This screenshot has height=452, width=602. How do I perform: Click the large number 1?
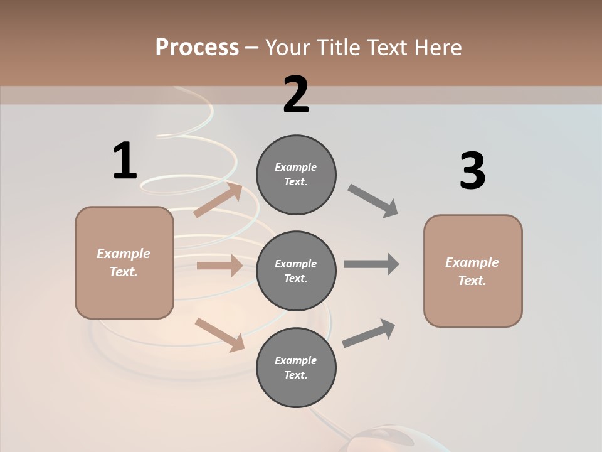point(124,161)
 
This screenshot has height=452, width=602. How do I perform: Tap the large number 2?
point(296,95)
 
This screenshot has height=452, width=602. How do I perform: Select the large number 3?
point(472,171)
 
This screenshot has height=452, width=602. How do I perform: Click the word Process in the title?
point(197,47)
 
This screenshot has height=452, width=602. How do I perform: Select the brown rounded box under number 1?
point(124,262)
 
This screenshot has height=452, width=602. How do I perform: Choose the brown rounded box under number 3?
point(473,271)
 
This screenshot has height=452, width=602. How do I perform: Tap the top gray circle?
point(296,175)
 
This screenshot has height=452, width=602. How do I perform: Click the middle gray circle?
point(296,271)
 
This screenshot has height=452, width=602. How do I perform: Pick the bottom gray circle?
point(296,368)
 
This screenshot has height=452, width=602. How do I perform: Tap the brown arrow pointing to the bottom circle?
point(219,334)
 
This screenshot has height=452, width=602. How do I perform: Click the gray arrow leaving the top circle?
point(373,200)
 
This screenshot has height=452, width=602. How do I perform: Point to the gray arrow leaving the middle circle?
point(371,264)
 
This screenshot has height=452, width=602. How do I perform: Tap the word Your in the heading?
point(288,47)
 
